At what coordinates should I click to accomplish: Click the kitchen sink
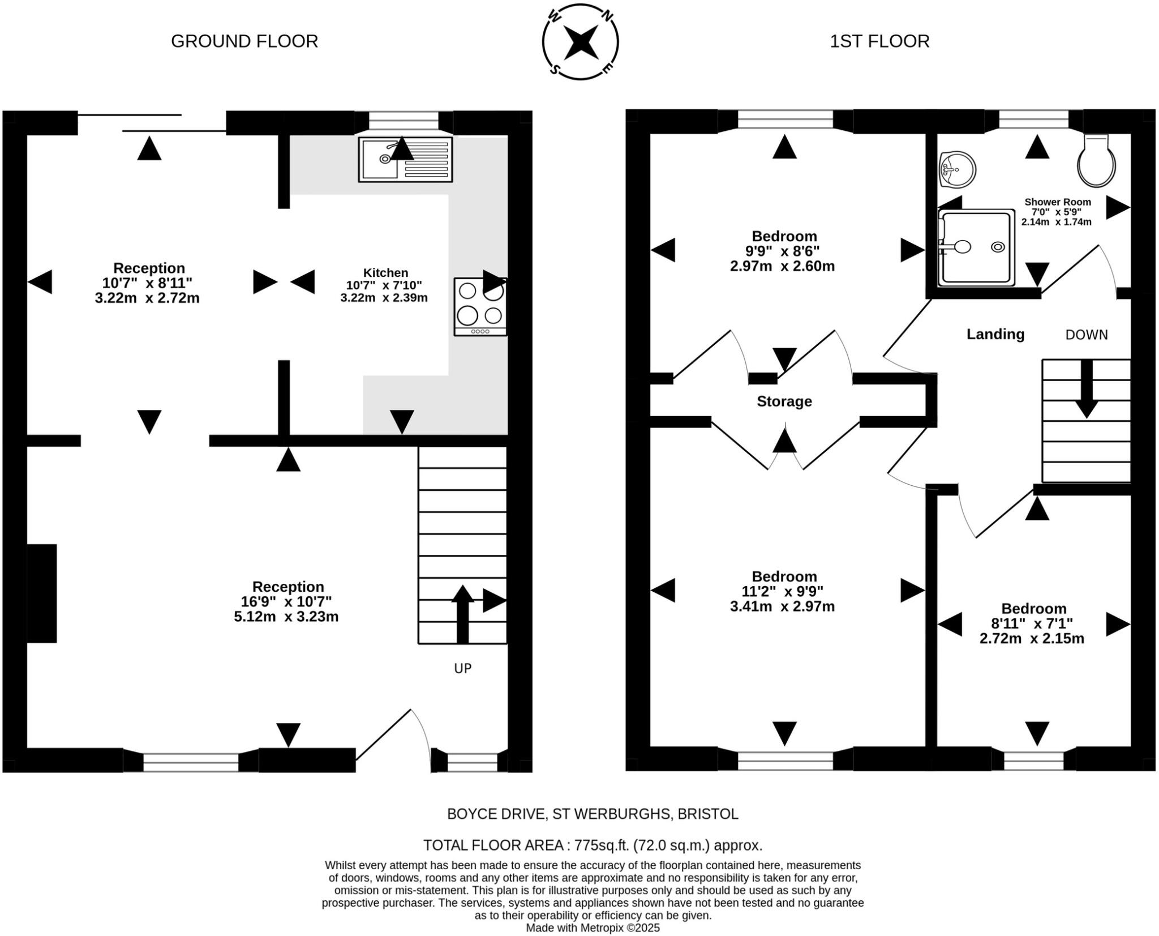(x=405, y=159)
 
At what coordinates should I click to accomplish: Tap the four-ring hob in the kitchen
(x=480, y=307)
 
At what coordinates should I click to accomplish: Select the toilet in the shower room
(x=1097, y=161)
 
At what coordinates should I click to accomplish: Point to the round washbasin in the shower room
(x=957, y=169)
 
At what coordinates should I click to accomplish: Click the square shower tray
(x=976, y=247)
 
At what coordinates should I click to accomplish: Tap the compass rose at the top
(x=581, y=42)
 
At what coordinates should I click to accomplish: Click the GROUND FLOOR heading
(x=244, y=41)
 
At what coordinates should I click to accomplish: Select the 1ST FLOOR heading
(x=879, y=41)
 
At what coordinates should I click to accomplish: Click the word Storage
(x=784, y=401)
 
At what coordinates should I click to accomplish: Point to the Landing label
(x=995, y=334)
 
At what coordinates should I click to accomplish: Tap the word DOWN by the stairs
(x=1087, y=335)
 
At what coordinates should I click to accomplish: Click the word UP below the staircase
(x=463, y=669)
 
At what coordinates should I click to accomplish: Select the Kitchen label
(x=385, y=272)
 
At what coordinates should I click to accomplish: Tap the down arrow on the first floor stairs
(x=1087, y=389)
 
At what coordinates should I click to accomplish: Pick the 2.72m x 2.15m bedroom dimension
(x=1032, y=639)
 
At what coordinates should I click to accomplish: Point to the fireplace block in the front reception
(x=42, y=593)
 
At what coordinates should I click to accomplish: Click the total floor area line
(x=593, y=845)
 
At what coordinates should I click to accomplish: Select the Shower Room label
(x=1058, y=202)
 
